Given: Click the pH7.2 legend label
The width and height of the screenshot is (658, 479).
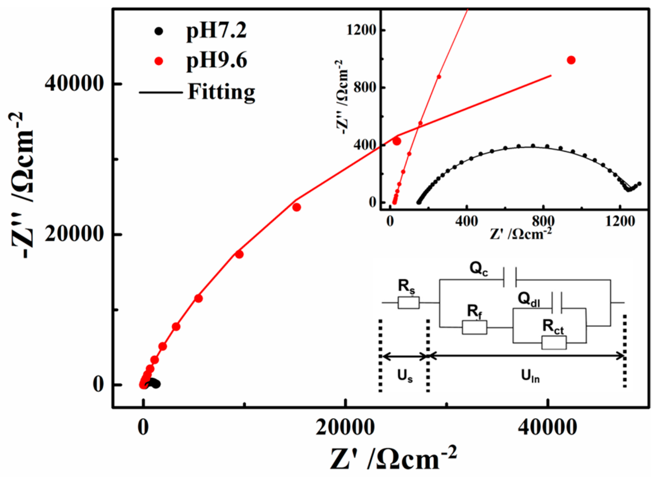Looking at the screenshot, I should point(216,31).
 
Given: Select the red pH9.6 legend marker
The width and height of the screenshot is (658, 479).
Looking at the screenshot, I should point(159,61).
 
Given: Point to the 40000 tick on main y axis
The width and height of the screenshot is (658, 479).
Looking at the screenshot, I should point(74,84).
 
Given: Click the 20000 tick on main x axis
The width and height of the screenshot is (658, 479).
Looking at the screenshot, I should point(345,428).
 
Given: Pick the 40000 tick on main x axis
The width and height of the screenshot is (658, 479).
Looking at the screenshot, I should point(547,428).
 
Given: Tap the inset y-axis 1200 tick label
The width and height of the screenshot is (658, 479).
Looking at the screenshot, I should point(361,30).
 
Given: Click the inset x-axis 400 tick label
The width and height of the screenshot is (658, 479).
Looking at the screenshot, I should point(466,222).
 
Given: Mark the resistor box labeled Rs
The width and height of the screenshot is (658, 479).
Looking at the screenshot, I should point(408,303).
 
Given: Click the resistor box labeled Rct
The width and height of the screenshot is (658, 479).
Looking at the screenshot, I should point(554,343).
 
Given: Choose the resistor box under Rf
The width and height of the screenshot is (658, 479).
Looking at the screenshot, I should point(474,328).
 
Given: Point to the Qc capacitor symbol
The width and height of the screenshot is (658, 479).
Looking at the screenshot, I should point(509,280).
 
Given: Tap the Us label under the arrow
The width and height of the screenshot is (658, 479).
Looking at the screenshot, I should point(405,377).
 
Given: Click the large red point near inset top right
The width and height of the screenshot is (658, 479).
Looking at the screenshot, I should point(571,60).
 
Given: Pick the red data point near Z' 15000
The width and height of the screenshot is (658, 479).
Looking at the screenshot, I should point(296,207).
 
